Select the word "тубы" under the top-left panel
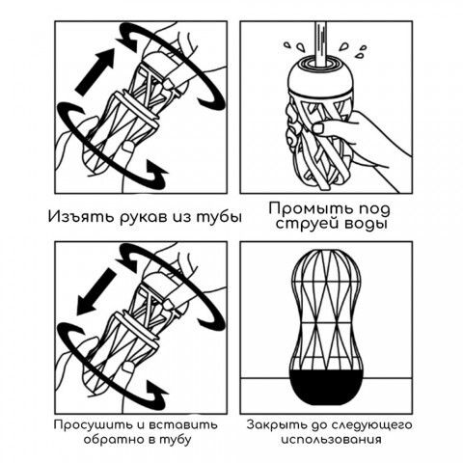[219, 217]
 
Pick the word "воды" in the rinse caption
[364, 223]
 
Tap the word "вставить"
[183, 425]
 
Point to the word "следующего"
[368, 425]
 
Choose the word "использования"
[331, 439]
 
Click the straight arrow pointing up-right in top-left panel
[95, 71]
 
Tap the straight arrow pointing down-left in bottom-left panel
[95, 292]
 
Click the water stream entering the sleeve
[320, 42]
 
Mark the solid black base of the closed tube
[326, 387]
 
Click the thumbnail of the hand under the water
[319, 127]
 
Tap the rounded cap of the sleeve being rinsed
[320, 77]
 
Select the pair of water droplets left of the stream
[294, 46]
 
